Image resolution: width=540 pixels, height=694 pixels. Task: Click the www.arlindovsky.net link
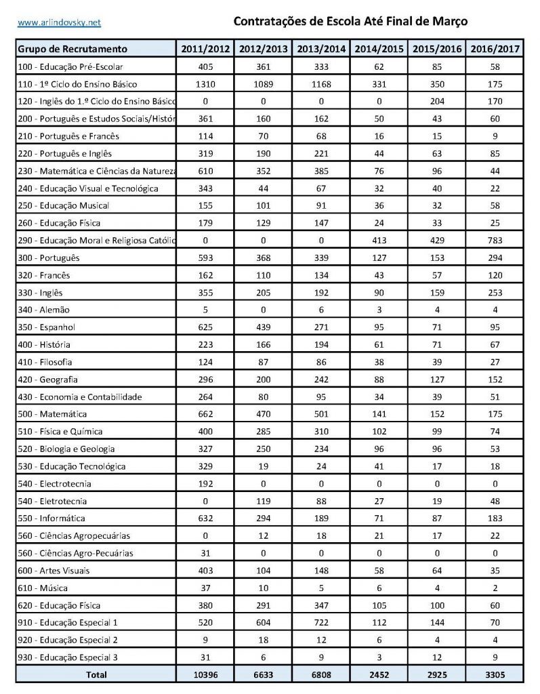tap(59, 22)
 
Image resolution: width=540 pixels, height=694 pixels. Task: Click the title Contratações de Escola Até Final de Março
tap(350, 22)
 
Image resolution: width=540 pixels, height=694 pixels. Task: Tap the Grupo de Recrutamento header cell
tap(72, 49)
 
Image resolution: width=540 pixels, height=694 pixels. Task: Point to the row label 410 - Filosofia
tap(45, 362)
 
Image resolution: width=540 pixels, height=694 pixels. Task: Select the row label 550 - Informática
tap(51, 518)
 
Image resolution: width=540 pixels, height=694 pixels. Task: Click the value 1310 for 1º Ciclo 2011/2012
tap(205, 84)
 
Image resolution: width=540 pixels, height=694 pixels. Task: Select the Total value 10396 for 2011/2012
tap(205, 675)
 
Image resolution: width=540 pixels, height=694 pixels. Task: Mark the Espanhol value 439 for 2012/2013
tap(264, 327)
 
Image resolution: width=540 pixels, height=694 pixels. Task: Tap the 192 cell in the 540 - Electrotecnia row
tap(205, 484)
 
